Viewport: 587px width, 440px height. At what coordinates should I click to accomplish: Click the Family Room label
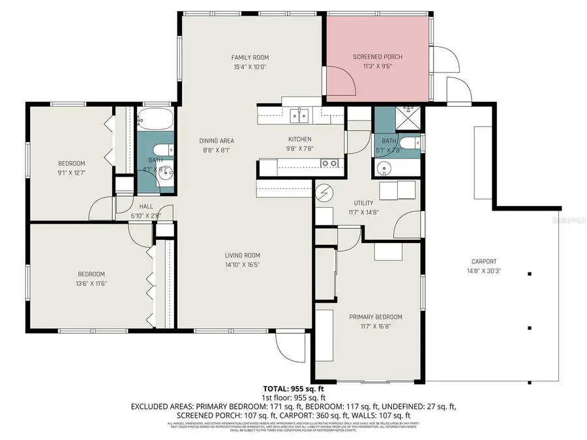250,57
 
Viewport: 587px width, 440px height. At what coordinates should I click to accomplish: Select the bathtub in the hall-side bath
155,120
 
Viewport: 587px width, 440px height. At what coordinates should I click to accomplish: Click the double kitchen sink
300,115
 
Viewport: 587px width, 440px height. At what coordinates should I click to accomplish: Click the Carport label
483,261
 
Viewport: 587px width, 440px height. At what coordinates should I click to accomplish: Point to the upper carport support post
529,274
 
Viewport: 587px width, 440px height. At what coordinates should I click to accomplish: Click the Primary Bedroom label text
375,317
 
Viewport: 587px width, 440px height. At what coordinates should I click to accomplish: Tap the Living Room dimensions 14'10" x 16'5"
243,265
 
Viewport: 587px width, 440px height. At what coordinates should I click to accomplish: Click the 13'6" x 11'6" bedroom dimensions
91,283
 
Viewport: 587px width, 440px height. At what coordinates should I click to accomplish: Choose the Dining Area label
217,141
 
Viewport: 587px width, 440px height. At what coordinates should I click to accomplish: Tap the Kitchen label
299,139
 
